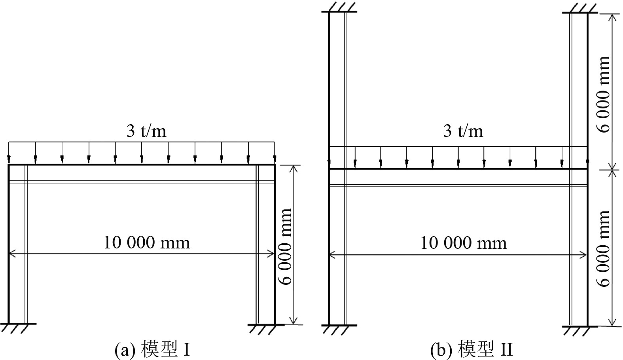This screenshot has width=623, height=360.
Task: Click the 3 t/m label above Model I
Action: pos(146,131)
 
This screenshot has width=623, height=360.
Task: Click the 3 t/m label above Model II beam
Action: pos(463,131)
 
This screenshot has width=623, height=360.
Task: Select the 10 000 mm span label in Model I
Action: pos(147,242)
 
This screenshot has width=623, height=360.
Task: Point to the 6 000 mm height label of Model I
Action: pos(286,246)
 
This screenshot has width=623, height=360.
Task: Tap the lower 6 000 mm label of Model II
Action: pos(604,248)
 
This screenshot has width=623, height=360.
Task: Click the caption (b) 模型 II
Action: pos(472,350)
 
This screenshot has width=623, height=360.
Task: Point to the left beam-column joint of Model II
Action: pos(329,169)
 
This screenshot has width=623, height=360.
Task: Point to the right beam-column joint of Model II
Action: pos(587,169)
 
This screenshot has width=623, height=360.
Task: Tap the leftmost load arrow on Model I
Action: pos(9,157)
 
